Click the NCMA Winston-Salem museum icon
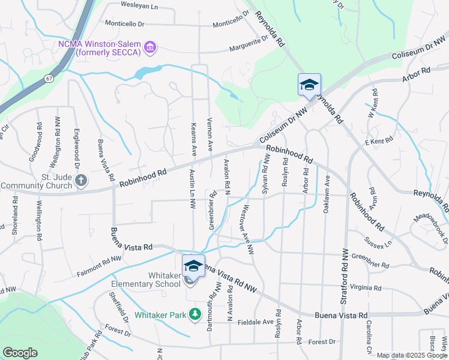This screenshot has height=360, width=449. pos(150,47)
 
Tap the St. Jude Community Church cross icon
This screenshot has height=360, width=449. pos(82,180)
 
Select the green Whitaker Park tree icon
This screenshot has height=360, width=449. pos(194,314)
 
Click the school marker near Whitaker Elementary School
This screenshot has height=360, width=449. pos(193,266)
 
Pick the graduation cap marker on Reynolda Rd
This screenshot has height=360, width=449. pos(309,85)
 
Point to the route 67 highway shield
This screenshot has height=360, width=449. pos(49,78)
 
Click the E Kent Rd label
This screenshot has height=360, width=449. pos(378,141)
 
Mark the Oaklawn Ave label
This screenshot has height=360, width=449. pos(327,194)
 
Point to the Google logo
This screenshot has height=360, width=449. pos(20,353)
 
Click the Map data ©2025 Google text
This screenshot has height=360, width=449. pos(412,355)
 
